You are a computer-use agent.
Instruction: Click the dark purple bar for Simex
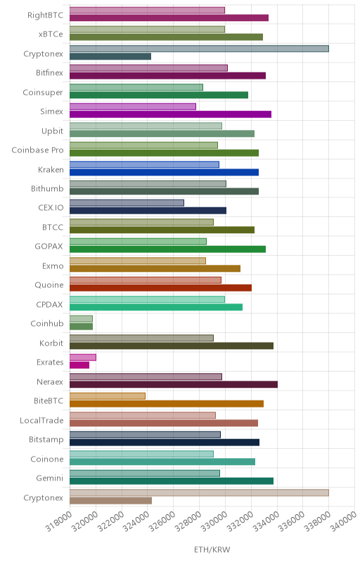pos(170,115)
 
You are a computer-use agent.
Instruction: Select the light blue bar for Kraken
pos(144,164)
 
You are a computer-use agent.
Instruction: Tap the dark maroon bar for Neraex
pos(174,384)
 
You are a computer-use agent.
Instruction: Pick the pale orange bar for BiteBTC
pos(107,396)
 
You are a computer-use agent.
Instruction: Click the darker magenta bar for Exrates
pos(79,365)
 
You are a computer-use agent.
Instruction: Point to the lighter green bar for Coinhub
pos(81,319)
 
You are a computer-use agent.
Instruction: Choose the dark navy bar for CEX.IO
pos(148,211)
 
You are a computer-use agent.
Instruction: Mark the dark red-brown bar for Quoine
pos(160,288)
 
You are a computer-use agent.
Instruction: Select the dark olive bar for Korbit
pos(172,346)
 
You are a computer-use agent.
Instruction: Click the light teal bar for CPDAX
pos(147,299)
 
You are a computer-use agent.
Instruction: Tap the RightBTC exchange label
pos(45,15)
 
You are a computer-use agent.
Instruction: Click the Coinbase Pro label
pos(37,150)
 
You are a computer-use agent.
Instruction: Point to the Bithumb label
pos(47,188)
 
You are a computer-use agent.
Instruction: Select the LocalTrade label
pos(41,420)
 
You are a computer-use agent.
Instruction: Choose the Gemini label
pos(49,478)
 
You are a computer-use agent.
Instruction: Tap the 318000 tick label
pos(58,521)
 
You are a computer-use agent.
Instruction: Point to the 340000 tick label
pos(343,521)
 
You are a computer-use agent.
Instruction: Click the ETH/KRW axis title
pos(212,549)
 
